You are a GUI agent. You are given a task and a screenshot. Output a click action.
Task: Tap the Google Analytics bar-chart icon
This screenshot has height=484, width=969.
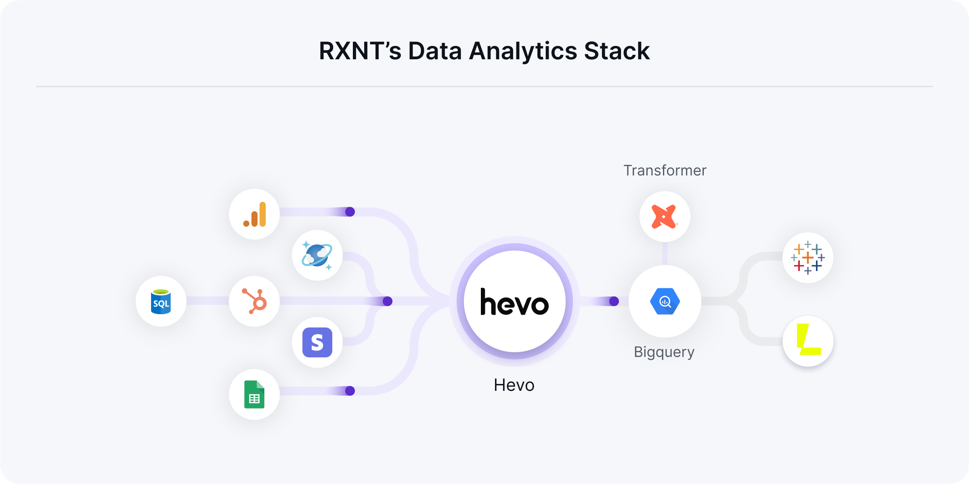click(x=254, y=214)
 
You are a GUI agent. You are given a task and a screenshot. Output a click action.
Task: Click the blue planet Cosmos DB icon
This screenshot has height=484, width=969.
click(x=317, y=255)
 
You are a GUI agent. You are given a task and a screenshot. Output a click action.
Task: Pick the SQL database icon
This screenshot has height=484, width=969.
click(x=161, y=301)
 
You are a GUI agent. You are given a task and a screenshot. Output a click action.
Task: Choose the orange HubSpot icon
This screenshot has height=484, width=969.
click(x=254, y=301)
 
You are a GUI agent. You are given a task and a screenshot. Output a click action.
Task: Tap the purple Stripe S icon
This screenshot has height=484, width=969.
click(x=317, y=342)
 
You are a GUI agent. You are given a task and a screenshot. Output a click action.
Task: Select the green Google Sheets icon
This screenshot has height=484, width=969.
click(x=254, y=394)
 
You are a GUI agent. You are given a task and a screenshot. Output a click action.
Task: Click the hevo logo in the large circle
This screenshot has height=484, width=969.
click(x=514, y=302)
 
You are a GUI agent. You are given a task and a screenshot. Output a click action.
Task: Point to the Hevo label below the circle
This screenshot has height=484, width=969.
click(x=514, y=385)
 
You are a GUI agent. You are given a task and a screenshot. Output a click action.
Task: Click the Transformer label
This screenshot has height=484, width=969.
click(x=665, y=171)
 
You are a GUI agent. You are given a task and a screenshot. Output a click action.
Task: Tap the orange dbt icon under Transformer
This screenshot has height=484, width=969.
click(x=665, y=217)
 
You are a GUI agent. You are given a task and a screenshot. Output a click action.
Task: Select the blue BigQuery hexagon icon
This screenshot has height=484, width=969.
click(x=665, y=301)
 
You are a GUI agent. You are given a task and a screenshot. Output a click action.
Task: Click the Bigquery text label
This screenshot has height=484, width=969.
click(x=664, y=352)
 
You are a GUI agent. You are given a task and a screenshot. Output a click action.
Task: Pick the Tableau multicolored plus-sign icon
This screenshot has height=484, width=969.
click(x=807, y=258)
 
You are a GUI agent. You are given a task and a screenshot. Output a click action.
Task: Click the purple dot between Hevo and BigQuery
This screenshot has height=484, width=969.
click(x=614, y=301)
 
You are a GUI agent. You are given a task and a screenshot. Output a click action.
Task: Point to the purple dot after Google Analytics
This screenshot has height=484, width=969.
click(x=350, y=212)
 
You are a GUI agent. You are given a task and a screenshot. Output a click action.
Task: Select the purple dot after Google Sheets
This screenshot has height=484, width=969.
click(x=350, y=391)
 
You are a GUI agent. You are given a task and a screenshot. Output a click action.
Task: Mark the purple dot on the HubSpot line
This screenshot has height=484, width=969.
click(x=388, y=301)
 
